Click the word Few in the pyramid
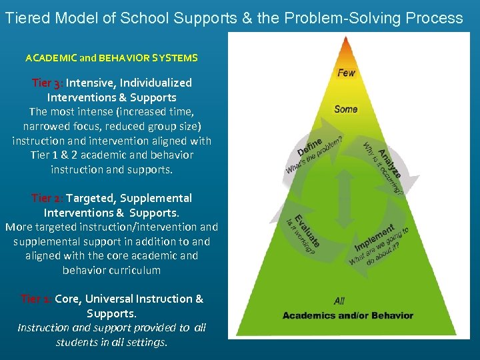(346, 73)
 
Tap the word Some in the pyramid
(345, 109)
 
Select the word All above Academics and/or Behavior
(339, 301)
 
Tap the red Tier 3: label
(47, 83)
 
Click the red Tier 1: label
(36, 299)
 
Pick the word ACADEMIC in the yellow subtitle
(52, 58)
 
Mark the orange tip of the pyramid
(345, 47)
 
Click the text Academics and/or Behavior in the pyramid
(347, 315)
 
